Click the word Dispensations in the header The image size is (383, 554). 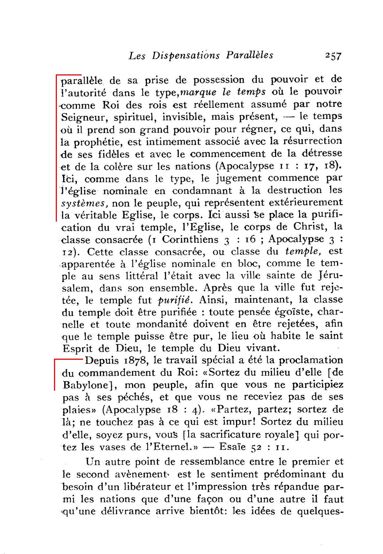pyautogui.click(x=186, y=56)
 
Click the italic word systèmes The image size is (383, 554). pyautogui.click(x=84, y=203)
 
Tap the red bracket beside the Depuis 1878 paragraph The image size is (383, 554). pyautogui.click(x=55, y=374)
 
